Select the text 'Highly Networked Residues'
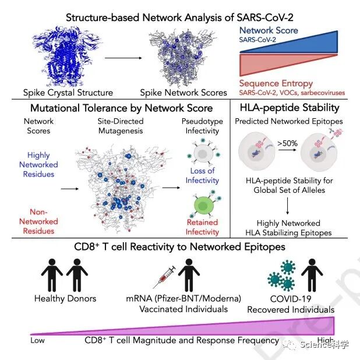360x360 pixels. [38, 165]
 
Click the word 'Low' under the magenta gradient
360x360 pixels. [38, 340]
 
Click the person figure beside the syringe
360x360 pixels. [188, 273]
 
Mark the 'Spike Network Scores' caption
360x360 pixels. [183, 92]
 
